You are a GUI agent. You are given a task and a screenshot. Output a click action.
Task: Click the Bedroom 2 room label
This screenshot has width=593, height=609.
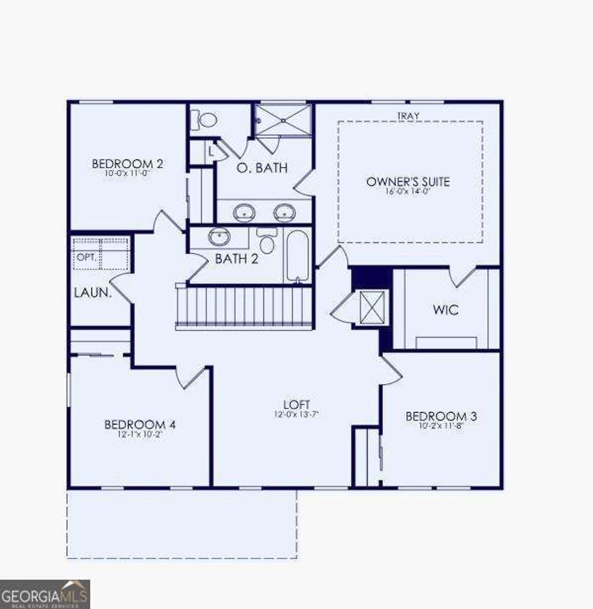pos(127,164)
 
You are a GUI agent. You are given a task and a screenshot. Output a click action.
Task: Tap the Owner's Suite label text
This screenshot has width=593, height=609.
pos(408,182)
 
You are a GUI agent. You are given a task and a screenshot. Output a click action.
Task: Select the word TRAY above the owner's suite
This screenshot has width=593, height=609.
pos(408,116)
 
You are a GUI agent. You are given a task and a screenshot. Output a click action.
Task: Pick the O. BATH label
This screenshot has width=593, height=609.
pos(263,168)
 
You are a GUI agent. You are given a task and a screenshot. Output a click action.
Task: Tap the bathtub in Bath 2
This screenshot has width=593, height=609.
pos(298,257)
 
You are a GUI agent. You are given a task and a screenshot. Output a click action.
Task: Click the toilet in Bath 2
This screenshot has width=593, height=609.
pos(266,241)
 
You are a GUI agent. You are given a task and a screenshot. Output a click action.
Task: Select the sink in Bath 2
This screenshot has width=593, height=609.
pos(219,237)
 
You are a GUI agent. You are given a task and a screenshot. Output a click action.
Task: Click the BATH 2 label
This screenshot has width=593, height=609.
pos(236,259)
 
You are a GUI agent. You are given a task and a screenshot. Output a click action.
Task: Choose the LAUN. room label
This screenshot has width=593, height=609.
pos(93,293)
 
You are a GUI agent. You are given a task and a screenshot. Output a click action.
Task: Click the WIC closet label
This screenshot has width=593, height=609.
pos(446,309)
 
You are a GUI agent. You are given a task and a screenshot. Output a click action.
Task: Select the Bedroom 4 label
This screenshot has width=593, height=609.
pos(140,425)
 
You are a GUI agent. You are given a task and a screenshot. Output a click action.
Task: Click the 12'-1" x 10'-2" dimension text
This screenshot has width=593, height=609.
pos(140,435)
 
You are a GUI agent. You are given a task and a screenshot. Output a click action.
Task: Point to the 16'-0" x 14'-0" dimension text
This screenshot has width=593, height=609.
pos(408,193)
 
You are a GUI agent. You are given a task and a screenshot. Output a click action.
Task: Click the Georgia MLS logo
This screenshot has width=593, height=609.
pos(45,594)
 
